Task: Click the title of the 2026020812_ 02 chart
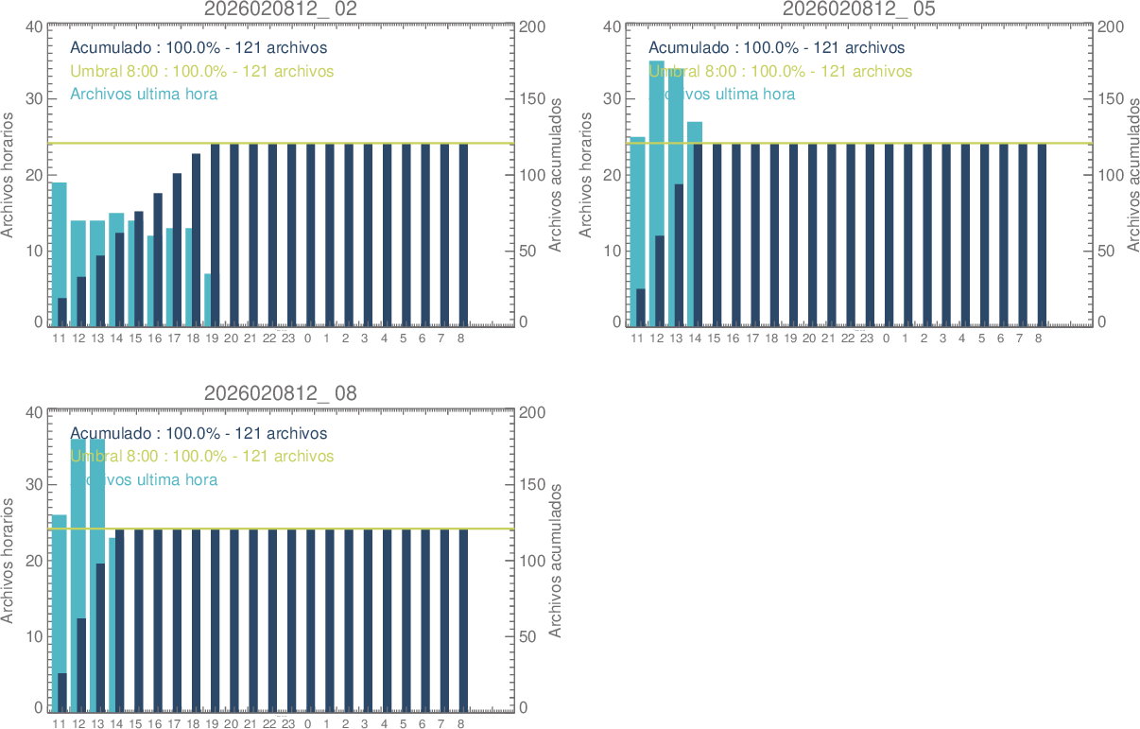point(281,9)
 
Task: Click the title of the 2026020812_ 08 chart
point(281,393)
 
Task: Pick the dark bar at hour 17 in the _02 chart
point(177,249)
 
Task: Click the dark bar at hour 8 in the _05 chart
point(1041,234)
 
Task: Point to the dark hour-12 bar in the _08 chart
point(81,662)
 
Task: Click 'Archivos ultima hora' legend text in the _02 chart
point(144,95)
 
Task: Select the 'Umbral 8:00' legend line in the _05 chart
point(780,71)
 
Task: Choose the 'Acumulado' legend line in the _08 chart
point(199,434)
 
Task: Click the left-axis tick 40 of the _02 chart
point(33,26)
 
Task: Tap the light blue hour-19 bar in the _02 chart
point(207,300)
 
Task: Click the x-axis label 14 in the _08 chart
point(116,724)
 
